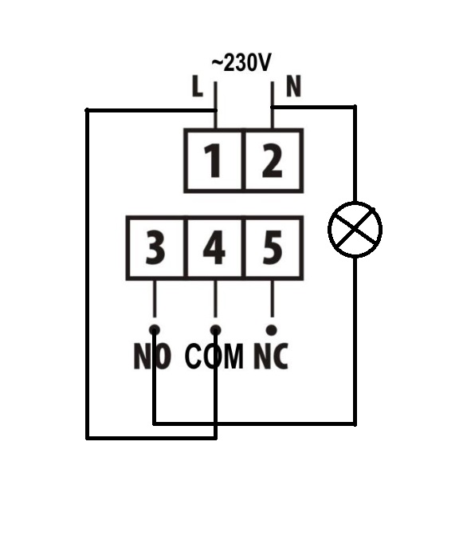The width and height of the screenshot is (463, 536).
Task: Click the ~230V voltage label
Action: pos(241,63)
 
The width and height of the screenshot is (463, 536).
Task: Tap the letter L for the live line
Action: pos(198,86)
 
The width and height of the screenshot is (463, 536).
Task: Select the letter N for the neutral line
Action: pos(293,86)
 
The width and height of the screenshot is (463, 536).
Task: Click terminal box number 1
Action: pos(214,160)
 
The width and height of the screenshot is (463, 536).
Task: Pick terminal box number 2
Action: pos(273,160)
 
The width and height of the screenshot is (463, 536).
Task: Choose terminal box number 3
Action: pos(155,248)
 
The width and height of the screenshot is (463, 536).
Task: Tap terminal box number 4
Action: pos(214,248)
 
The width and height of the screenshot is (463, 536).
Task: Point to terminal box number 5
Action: pos(273,248)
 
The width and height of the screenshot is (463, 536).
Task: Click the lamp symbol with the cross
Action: pos(355,230)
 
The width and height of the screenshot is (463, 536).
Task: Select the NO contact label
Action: pos(152,357)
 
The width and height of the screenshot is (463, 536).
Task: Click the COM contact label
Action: pos(214,357)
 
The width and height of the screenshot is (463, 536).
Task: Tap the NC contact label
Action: pos(271,357)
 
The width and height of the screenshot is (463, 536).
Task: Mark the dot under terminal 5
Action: pos(272,330)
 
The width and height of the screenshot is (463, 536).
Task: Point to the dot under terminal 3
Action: pos(155,330)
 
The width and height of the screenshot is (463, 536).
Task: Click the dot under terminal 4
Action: pos(215,330)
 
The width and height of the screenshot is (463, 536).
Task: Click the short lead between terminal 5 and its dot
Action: pos(272,299)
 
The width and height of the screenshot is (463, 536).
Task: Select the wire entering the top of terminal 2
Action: pos(273,105)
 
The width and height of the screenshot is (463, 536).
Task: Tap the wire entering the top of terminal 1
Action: pos(215,105)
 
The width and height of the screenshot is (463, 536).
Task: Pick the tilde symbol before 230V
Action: pos(218,63)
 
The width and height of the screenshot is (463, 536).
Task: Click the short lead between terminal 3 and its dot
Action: pos(155,299)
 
